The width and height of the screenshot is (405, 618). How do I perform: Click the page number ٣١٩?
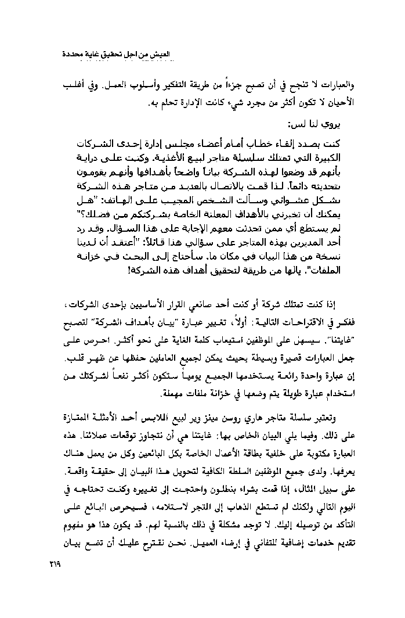point(52,563)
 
